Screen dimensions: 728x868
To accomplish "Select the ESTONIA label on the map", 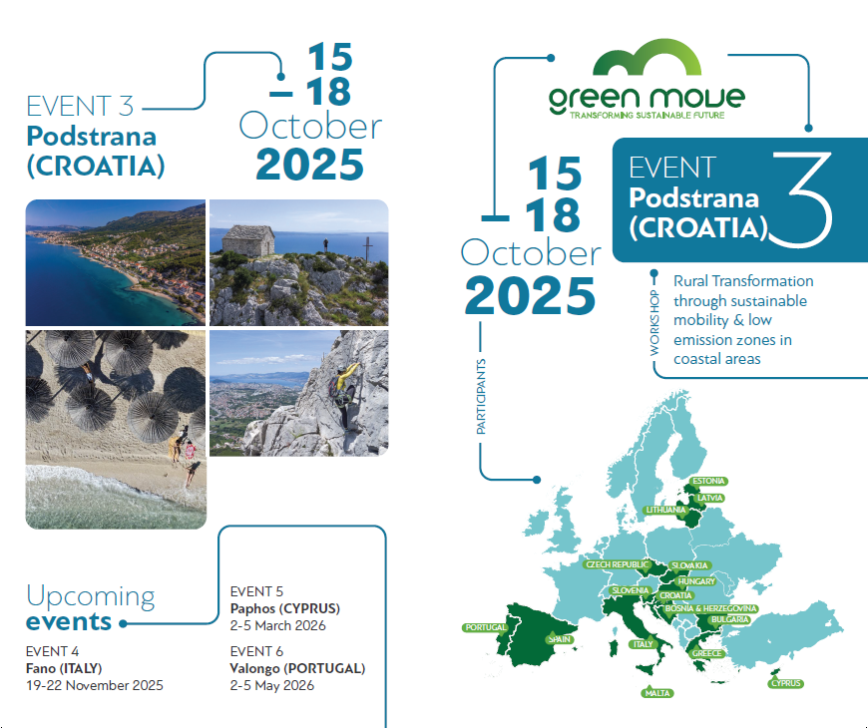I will coord(708,482).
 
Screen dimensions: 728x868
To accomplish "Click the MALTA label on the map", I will coord(658,693).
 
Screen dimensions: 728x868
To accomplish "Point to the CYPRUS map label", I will coord(786,683).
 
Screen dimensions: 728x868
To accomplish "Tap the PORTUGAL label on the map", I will coord(485,627).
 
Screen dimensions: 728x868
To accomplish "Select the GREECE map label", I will coord(707,654).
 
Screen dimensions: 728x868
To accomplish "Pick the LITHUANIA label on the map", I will coord(665,510).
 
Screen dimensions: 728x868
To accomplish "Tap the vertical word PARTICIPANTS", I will coord(482,397).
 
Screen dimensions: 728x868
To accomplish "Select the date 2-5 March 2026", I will coord(277,626).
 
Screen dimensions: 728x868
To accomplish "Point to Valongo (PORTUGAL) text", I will coord(297,668).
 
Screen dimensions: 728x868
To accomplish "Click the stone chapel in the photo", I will coord(248,242).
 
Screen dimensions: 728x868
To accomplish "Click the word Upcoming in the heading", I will coord(91,596).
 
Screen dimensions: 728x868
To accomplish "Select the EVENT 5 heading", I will coord(256,590).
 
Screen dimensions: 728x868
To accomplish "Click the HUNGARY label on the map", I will coord(695,580).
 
